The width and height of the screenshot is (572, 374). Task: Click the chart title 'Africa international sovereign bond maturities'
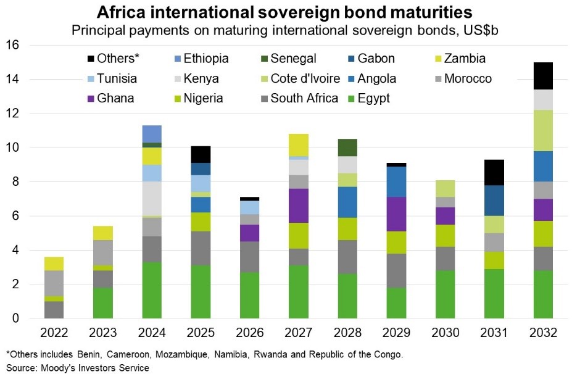pyautogui.click(x=286, y=12)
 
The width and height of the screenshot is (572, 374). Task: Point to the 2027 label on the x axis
pyautogui.click(x=299, y=333)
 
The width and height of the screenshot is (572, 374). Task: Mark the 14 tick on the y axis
pyautogui.click(x=13, y=80)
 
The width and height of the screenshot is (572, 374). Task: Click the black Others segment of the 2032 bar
pyautogui.click(x=542, y=76)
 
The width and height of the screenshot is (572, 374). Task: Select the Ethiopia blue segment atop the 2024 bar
pyautogui.click(x=152, y=134)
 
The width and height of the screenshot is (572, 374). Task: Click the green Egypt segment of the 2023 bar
pyautogui.click(x=104, y=303)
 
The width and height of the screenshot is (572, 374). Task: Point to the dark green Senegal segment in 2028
pyautogui.click(x=348, y=148)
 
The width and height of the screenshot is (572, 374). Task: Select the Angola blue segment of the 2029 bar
pyautogui.click(x=396, y=182)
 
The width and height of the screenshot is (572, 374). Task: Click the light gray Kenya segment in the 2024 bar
pyautogui.click(x=152, y=198)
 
